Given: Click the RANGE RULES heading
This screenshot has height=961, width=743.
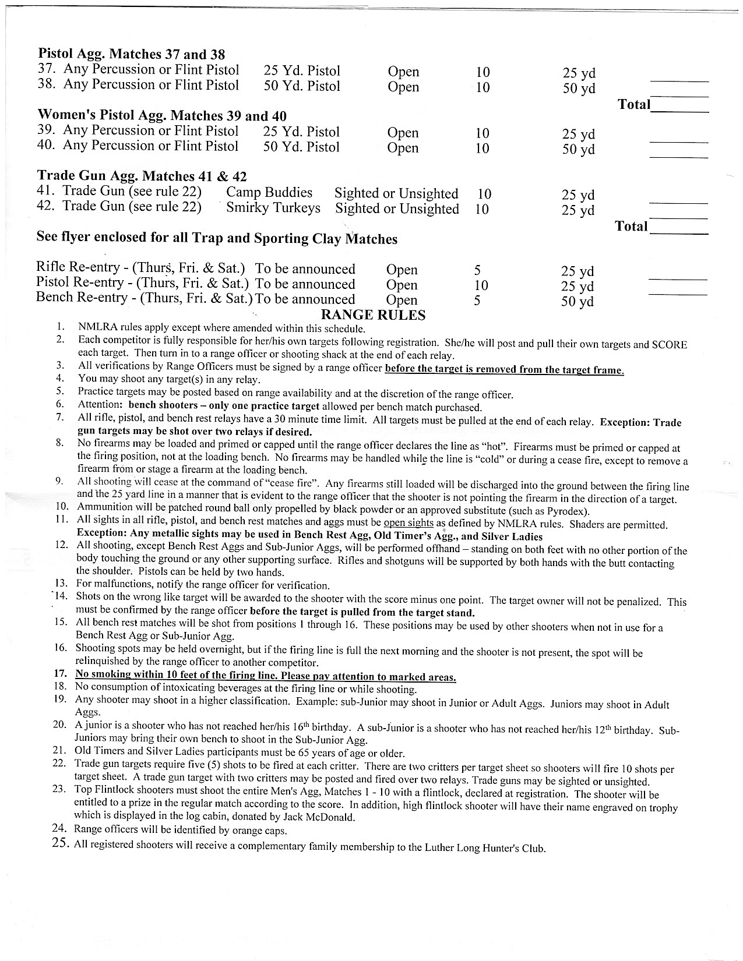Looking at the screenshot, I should [373, 315].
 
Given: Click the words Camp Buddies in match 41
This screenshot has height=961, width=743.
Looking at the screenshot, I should [269, 193].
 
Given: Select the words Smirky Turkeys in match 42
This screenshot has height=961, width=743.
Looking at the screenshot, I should [273, 208].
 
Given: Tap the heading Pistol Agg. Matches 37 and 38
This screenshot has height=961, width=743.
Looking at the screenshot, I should [131, 54].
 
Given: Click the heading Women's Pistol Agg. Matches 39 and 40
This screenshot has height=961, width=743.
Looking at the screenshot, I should [161, 115].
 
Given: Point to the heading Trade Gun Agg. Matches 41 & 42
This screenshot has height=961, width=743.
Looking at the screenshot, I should [142, 176].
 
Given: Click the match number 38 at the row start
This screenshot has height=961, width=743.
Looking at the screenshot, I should [46, 85].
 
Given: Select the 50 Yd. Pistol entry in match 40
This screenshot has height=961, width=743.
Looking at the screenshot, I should [301, 147].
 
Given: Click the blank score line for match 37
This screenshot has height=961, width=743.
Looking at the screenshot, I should [679, 81].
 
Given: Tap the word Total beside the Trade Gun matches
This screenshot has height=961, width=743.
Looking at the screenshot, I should [632, 226].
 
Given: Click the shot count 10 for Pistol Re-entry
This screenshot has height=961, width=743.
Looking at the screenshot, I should [481, 285].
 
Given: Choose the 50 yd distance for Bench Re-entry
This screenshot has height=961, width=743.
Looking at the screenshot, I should [578, 302].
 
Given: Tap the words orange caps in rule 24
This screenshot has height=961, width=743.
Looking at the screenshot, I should [262, 831].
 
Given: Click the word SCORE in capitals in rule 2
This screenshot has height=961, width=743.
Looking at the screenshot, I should [669, 345].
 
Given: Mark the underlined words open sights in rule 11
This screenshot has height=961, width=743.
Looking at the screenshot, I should [408, 522].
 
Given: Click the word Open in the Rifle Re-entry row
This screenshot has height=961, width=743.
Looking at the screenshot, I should [402, 270].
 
